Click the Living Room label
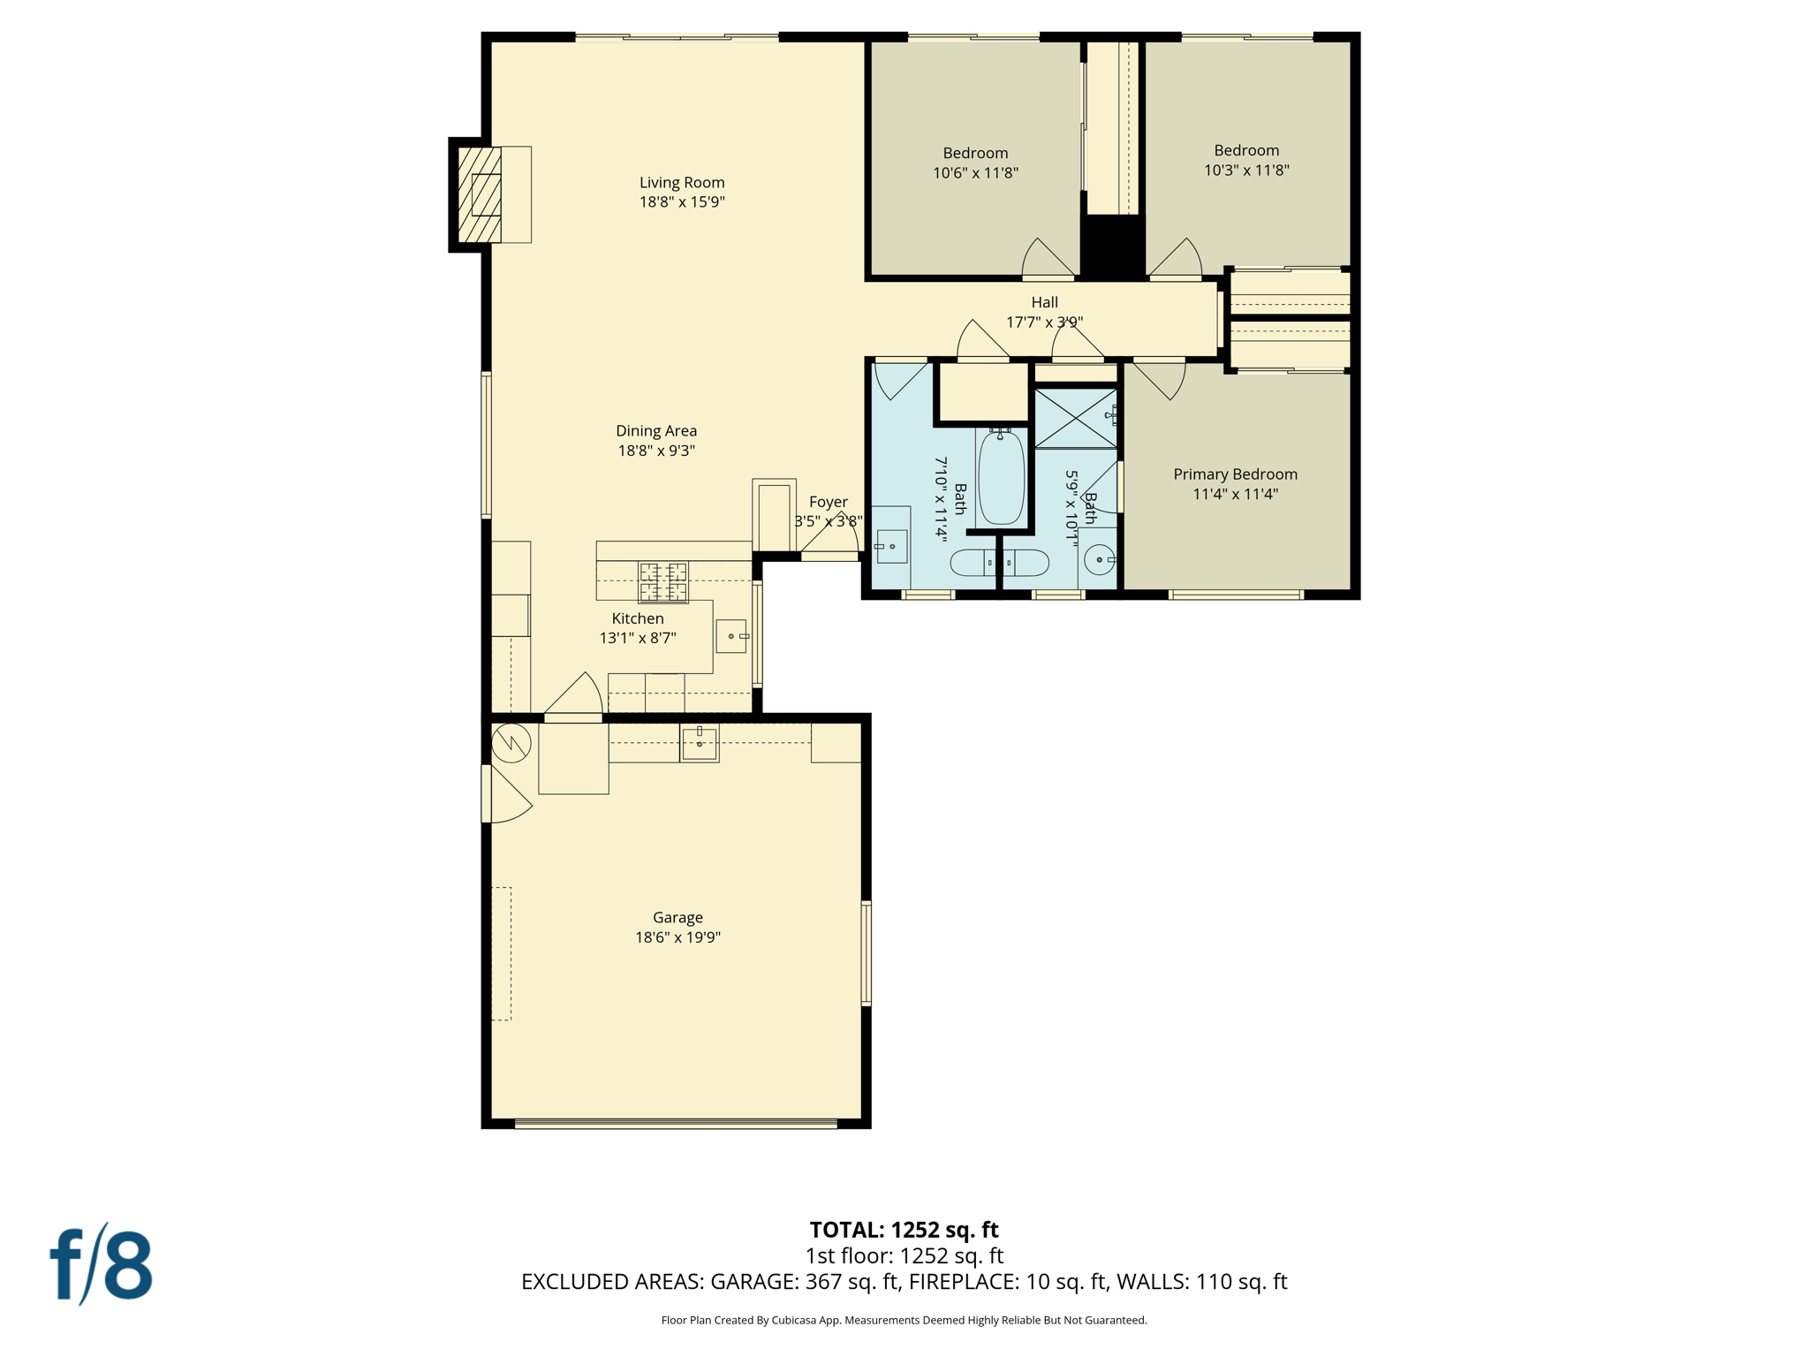[682, 183]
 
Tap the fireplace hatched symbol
[480, 194]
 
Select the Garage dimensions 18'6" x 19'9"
[677, 937]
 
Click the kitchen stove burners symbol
[663, 581]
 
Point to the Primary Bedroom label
[1235, 474]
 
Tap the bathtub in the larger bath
[1001, 477]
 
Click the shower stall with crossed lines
[1075, 418]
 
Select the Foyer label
[828, 502]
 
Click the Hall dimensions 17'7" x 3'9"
[1044, 322]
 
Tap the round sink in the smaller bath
[1099, 560]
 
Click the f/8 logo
[101, 1264]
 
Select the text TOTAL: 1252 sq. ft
[904, 1230]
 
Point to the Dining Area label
[656, 431]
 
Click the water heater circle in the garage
[511, 743]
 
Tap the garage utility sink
[699, 743]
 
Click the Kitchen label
[638, 618]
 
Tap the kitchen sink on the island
[731, 636]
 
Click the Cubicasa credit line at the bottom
[904, 1320]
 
